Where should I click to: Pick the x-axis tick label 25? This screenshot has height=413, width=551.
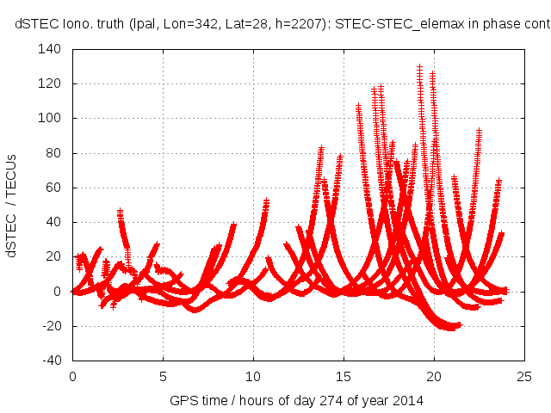click(524, 376)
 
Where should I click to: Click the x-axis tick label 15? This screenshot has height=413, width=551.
click(344, 376)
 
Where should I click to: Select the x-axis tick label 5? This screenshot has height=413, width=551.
click(163, 376)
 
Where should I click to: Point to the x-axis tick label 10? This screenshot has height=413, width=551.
click(253, 376)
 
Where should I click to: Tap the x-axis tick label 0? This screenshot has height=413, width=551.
click(72, 376)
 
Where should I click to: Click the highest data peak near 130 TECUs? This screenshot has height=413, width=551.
click(419, 67)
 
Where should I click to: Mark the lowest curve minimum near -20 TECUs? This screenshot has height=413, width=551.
click(449, 327)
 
